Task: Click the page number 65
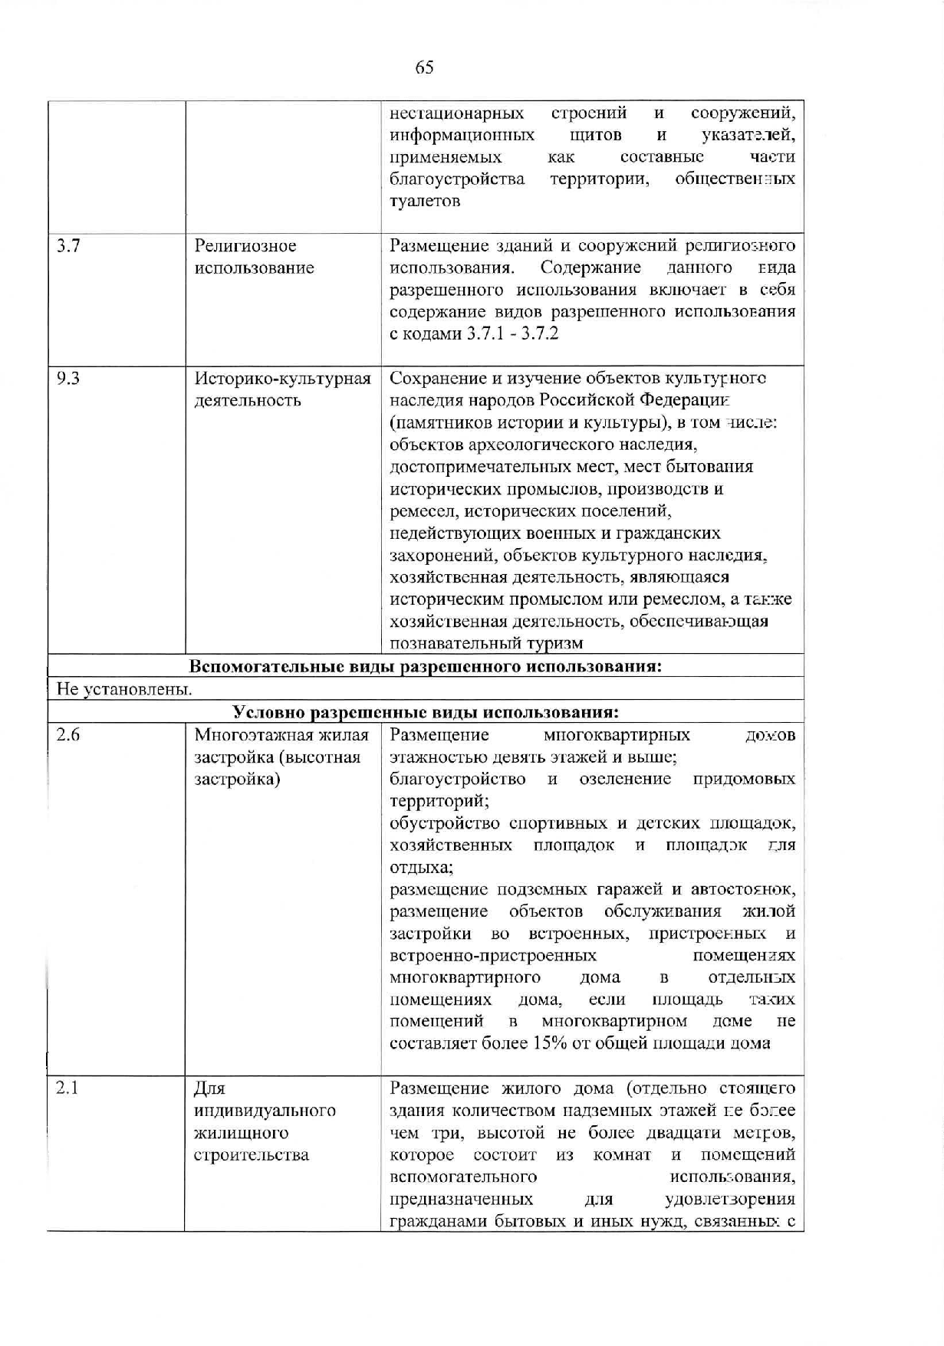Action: tap(424, 67)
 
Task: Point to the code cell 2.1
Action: tap(68, 1088)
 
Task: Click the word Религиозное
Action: tap(245, 246)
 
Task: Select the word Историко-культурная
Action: tap(283, 379)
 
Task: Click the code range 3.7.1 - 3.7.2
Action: tap(513, 334)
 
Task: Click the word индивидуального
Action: tap(265, 1111)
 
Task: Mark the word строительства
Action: tap(252, 1155)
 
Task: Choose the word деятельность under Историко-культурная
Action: tap(248, 401)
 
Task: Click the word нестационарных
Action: tap(457, 113)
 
